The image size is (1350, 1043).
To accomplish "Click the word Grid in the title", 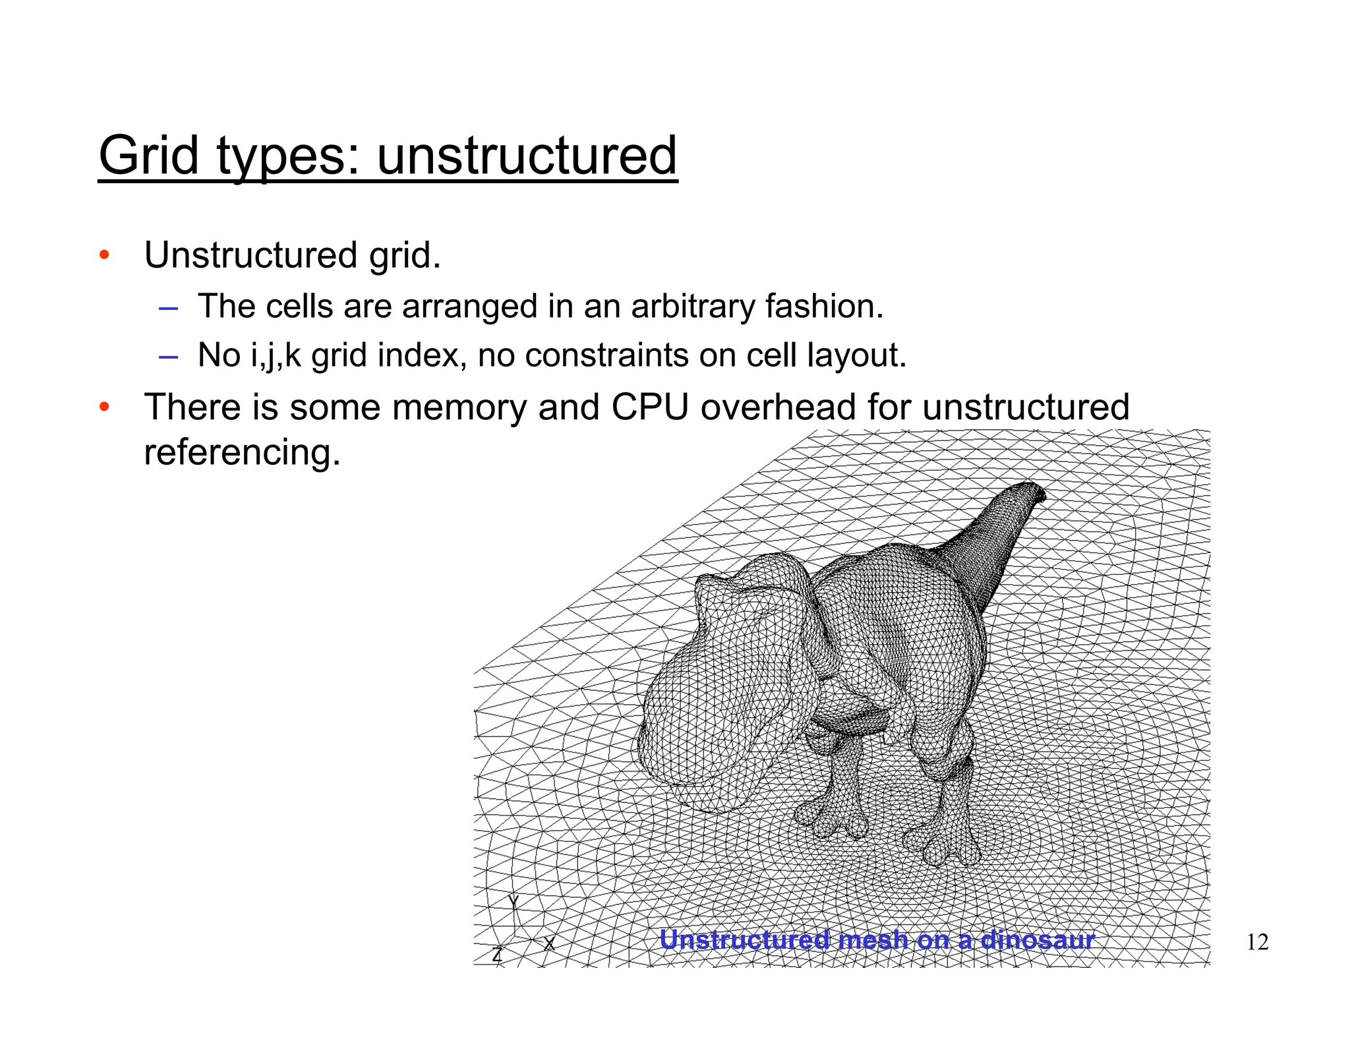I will tap(148, 156).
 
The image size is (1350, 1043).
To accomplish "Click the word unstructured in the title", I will tap(527, 156).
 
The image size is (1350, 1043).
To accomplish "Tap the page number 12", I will tap(1257, 942).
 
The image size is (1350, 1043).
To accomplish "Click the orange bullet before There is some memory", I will tap(103, 407).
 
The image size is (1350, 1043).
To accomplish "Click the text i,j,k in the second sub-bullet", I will tap(276, 356).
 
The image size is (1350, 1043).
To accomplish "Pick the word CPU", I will tap(649, 407).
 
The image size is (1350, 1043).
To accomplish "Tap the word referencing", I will tap(242, 452).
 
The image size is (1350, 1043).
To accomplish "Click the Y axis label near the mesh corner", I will tap(514, 903).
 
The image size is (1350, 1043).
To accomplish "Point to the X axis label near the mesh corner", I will tap(548, 944).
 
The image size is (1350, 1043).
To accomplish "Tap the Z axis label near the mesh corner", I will tap(498, 954).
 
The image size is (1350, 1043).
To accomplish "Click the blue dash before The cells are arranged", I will tap(168, 308).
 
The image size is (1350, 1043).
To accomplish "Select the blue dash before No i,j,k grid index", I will tap(168, 357).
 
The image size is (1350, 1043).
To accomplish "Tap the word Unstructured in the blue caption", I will tap(744, 939).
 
